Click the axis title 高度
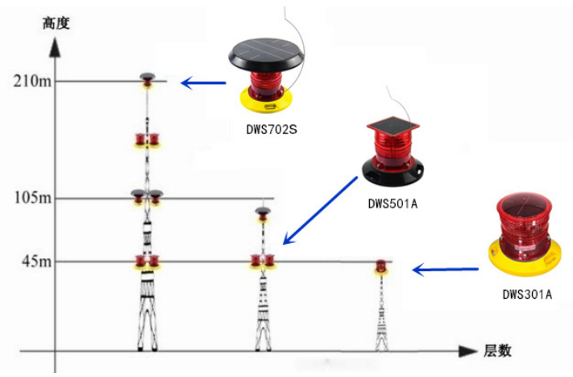coord(56,23)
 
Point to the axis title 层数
coord(497,351)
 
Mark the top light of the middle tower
coord(263,213)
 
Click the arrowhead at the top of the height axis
coord(56,46)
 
